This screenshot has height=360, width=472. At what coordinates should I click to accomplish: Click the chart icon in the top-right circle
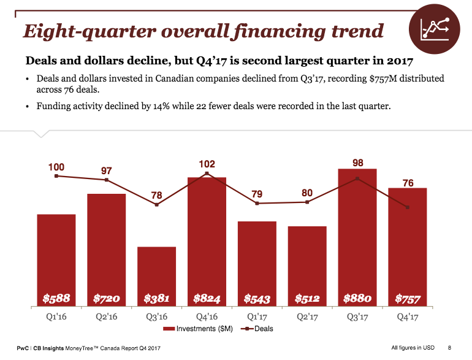pyautogui.click(x=435, y=29)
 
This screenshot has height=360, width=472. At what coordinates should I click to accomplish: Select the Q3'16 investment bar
pyautogui.click(x=156, y=276)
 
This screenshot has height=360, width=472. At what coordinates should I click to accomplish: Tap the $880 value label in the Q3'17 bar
pyautogui.click(x=357, y=299)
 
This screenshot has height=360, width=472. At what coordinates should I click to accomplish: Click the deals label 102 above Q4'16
pyautogui.click(x=207, y=164)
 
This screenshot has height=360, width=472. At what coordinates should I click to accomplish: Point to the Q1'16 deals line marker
pyautogui.click(x=56, y=176)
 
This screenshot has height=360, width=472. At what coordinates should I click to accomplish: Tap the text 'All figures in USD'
pyautogui.click(x=413, y=348)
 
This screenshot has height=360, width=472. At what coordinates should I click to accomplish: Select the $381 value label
pyautogui.click(x=156, y=299)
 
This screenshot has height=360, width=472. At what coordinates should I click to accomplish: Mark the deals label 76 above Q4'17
pyautogui.click(x=408, y=183)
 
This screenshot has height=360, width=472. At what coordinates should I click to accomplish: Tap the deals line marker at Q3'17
pyautogui.click(x=357, y=178)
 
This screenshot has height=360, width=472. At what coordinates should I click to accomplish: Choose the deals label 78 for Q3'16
pyautogui.click(x=157, y=196)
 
